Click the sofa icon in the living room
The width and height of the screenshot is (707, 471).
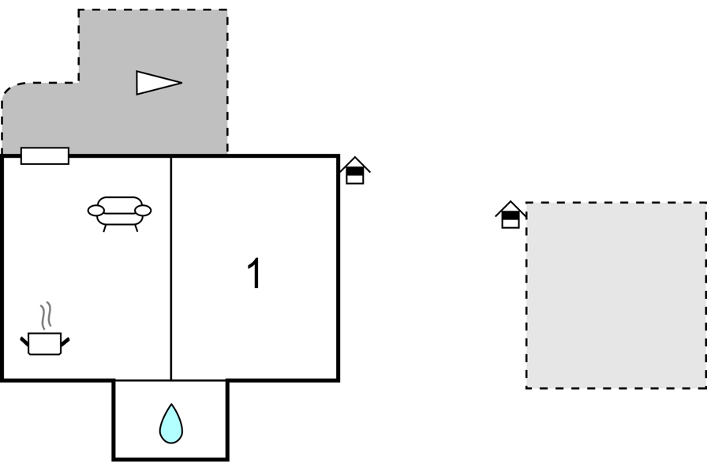(x=119, y=214)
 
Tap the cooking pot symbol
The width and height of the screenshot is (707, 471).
(x=45, y=344)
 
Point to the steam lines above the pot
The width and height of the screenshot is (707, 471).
(x=46, y=315)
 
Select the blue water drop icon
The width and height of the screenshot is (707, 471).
(x=171, y=424)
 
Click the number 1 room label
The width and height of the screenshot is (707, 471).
(x=255, y=273)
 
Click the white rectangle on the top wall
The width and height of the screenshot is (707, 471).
(x=45, y=156)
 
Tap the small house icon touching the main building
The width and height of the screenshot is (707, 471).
(x=355, y=170)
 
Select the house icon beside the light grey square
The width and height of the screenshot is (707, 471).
(x=511, y=215)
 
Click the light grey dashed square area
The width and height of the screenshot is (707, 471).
(x=616, y=295)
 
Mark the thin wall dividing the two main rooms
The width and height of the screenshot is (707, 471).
(x=171, y=268)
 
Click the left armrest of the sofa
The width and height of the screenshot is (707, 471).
(x=95, y=211)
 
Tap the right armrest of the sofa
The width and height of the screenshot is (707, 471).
(x=144, y=211)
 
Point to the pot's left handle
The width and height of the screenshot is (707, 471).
(x=24, y=341)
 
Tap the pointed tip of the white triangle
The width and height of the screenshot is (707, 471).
(x=181, y=83)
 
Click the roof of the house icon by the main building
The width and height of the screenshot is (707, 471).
(x=355, y=163)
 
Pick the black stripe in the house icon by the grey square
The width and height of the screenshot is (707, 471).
(x=511, y=216)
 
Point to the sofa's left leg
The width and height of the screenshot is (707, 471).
(x=105, y=228)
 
